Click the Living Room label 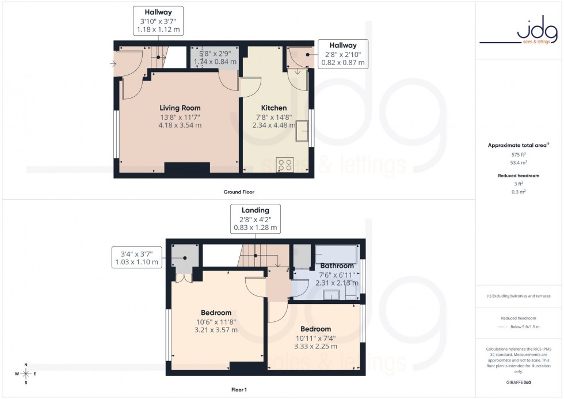pyautogui.click(x=180, y=108)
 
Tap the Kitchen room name pyautogui.click(x=273, y=108)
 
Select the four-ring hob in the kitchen pyautogui.click(x=285, y=165)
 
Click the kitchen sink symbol pyautogui.click(x=302, y=132)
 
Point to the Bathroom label pyautogui.click(x=337, y=266)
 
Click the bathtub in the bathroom pyautogui.click(x=336, y=254)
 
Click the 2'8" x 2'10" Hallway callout pyautogui.click(x=343, y=54)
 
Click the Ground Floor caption pyautogui.click(x=239, y=192)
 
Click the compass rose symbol pyautogui.click(x=26, y=374)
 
